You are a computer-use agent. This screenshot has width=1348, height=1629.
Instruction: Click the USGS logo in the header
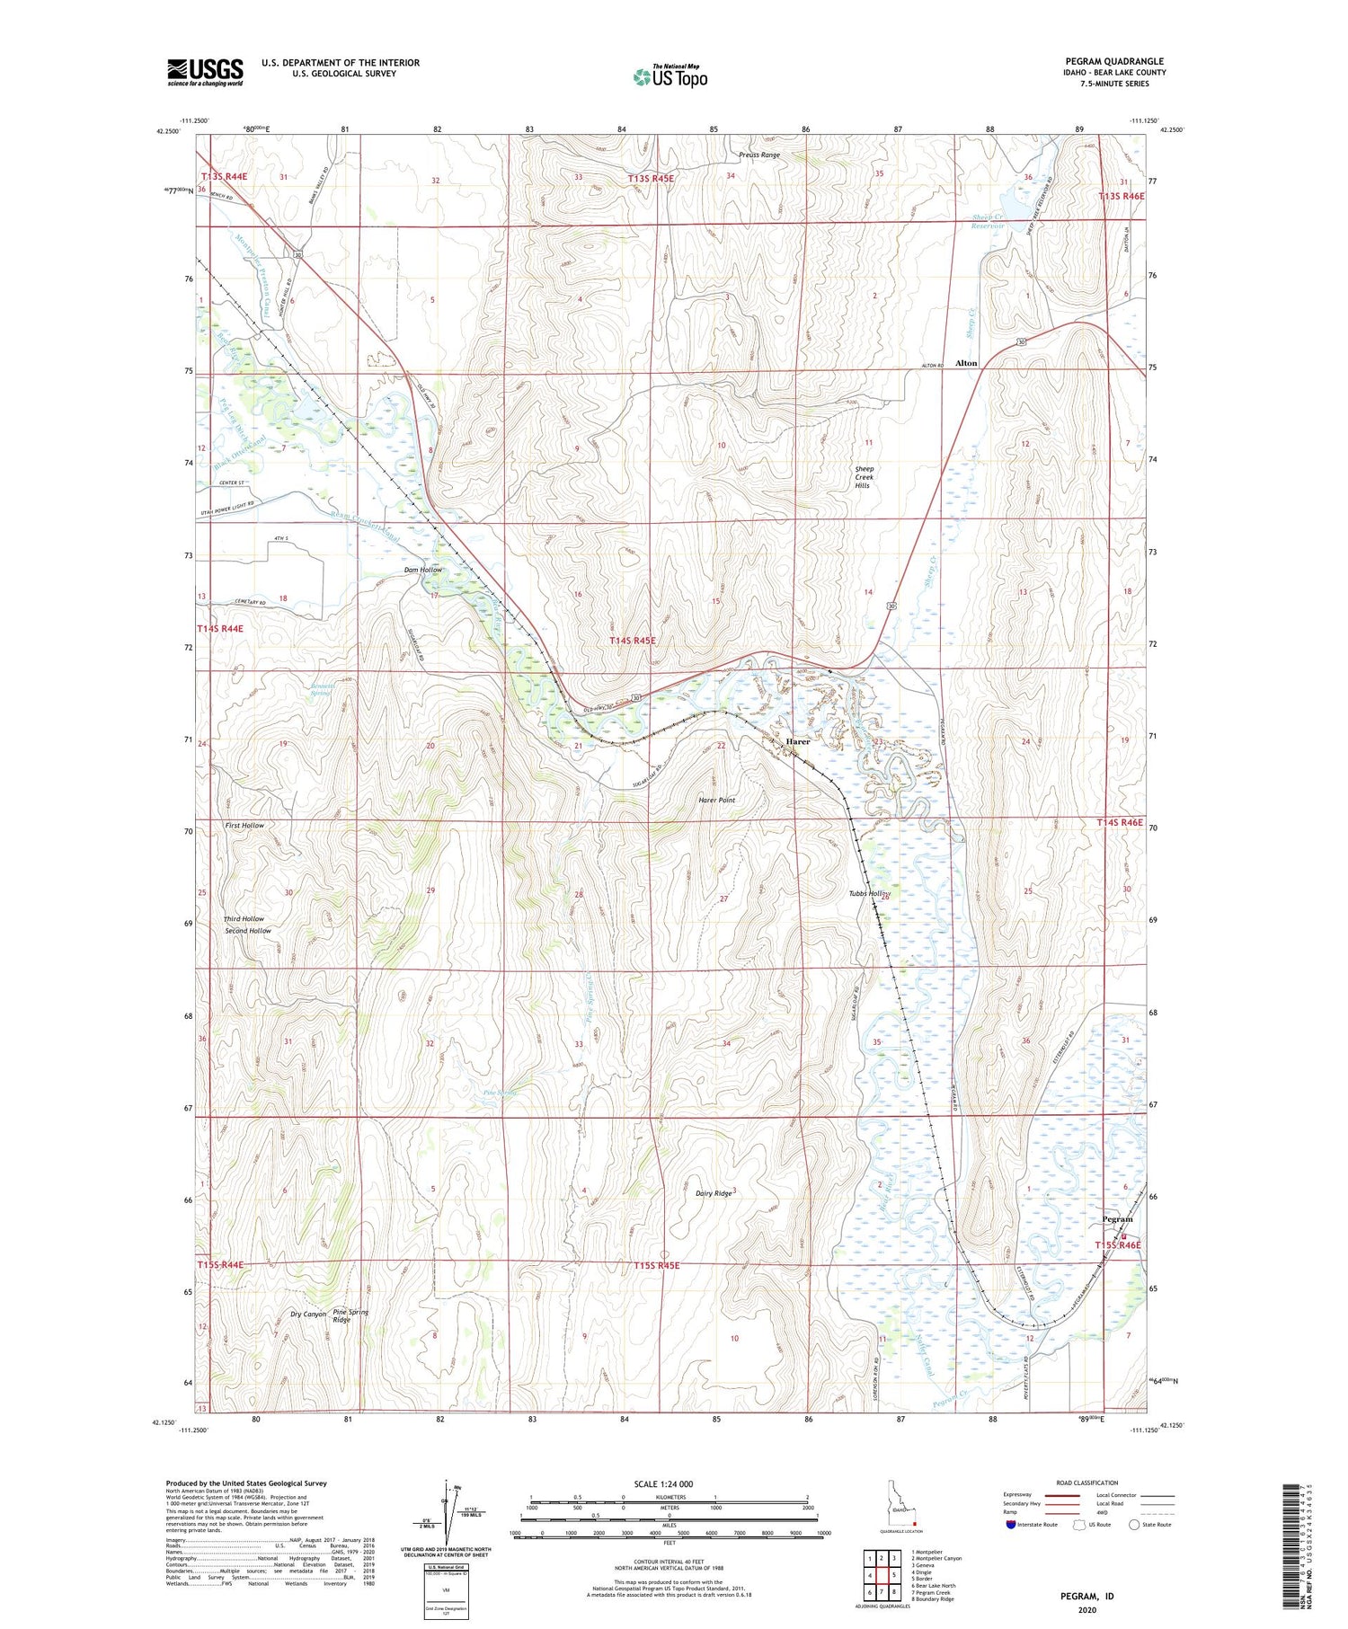[205, 72]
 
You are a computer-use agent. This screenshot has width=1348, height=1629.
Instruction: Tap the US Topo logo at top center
[670, 77]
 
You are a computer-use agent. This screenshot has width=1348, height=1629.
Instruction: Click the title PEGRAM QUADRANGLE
[1114, 61]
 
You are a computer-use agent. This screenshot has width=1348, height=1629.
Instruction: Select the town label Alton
[966, 363]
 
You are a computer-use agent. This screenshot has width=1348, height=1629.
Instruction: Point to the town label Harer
[798, 741]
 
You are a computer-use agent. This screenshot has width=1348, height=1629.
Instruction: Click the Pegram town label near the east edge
[1117, 1219]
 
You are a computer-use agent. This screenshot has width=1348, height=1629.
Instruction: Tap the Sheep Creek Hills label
[864, 477]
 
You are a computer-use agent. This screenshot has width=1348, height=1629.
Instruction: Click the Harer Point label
[716, 800]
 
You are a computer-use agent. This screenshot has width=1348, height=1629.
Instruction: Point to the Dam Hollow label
[422, 570]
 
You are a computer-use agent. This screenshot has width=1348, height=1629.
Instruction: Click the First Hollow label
[244, 825]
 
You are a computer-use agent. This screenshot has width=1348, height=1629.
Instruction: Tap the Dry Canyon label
[307, 1315]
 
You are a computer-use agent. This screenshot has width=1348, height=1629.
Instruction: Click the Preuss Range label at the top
[759, 155]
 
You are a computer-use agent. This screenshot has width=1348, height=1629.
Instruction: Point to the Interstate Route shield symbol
[1011, 1525]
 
